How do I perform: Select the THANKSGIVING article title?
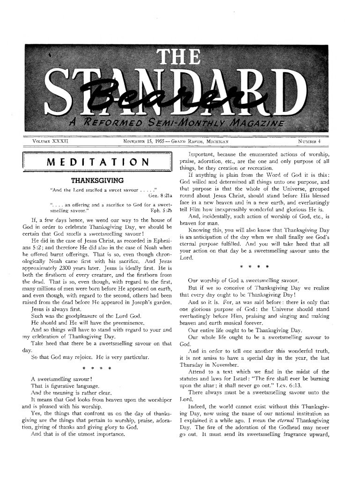point(97,180)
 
